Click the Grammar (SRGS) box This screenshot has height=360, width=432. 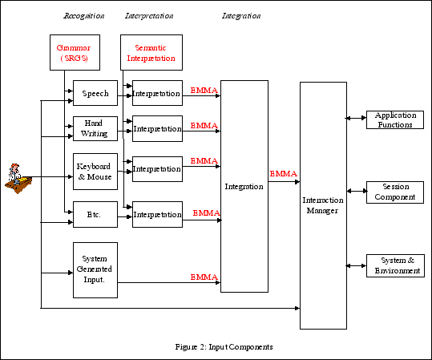73,53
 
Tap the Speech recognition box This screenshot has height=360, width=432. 95,94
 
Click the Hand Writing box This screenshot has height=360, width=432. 95,129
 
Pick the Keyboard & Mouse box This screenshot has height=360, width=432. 95,171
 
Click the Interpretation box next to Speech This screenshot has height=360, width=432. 157,94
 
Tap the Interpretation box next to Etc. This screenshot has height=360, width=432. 157,215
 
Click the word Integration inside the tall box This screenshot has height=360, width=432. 244,186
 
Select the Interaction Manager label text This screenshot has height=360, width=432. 323,205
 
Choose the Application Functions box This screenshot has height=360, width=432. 394,120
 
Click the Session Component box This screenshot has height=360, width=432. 394,192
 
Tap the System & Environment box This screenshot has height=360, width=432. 394,265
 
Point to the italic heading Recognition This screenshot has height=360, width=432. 83,16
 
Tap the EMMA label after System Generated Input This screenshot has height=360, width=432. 204,277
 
